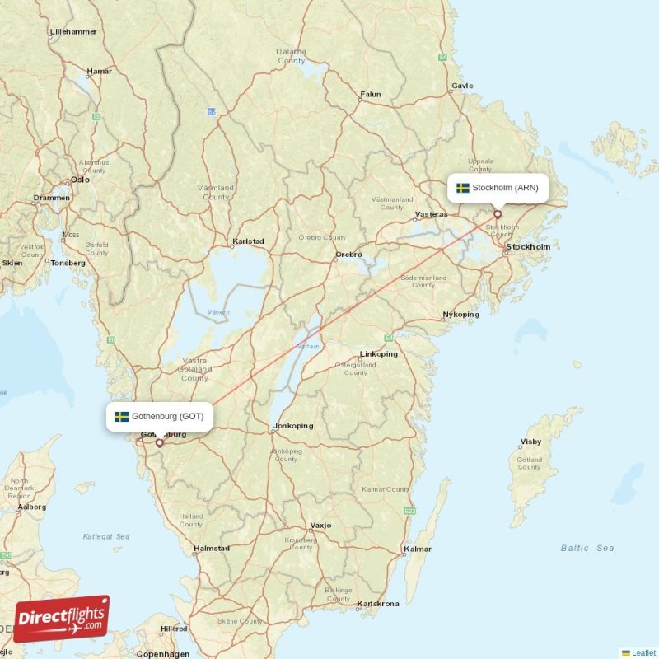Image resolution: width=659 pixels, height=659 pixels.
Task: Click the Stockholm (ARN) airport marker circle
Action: (x=497, y=214)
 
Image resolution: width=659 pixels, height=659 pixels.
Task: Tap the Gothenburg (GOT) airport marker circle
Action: (x=159, y=442)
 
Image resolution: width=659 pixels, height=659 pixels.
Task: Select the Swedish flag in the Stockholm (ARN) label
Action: (x=463, y=188)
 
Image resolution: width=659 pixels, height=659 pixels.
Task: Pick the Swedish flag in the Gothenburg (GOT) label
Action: (x=122, y=416)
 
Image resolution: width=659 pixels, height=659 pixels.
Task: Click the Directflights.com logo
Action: (x=62, y=619)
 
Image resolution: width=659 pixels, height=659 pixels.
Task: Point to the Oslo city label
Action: (x=80, y=179)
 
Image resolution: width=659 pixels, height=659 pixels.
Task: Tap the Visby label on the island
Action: (x=531, y=442)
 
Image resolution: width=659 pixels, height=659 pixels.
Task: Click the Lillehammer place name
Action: (x=73, y=32)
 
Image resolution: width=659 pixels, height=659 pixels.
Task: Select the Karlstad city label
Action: (x=248, y=241)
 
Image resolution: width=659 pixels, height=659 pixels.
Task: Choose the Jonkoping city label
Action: (x=293, y=426)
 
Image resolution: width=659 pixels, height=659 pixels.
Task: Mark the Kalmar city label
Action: (x=418, y=549)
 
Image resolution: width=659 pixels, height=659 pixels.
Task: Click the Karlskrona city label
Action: (x=378, y=604)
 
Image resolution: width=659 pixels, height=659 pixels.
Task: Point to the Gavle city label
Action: (x=462, y=86)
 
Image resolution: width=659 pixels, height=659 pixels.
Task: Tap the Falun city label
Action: (x=371, y=95)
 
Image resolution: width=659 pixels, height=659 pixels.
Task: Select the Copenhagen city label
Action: (x=163, y=654)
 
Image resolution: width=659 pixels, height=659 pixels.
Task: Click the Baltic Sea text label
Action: (x=587, y=548)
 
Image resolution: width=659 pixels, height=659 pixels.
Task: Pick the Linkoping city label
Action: (x=379, y=354)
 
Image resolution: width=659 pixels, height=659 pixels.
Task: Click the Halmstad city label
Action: (x=211, y=548)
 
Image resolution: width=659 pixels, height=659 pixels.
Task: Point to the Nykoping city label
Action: (x=460, y=315)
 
